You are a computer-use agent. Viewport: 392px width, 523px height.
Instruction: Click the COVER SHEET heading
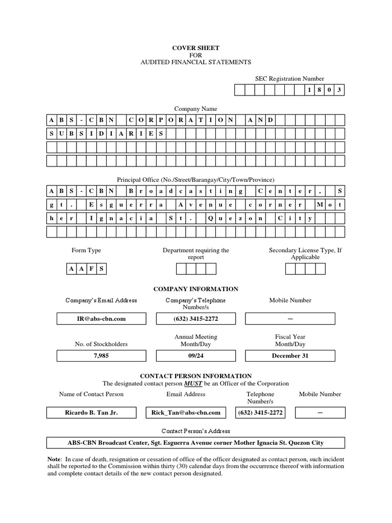pyautogui.click(x=195, y=48)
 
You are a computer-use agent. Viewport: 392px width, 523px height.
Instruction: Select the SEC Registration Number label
pyautogui.click(x=289, y=79)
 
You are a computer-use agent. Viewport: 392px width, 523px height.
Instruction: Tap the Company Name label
pyautogui.click(x=195, y=109)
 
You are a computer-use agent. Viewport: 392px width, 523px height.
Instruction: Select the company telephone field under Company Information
pyautogui.click(x=195, y=319)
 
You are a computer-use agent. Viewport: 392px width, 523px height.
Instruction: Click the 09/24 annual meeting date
pyautogui.click(x=195, y=355)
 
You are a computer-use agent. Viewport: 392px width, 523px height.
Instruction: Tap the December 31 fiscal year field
pyautogui.click(x=290, y=355)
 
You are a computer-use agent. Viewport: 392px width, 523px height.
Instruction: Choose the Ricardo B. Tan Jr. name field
pyautogui.click(x=91, y=413)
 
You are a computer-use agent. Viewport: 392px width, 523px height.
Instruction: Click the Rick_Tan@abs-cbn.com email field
pyautogui.click(x=186, y=413)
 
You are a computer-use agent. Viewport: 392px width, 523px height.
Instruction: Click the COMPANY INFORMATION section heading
pyautogui.click(x=195, y=289)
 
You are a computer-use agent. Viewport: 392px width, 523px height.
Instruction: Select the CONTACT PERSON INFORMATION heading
pyautogui.click(x=195, y=376)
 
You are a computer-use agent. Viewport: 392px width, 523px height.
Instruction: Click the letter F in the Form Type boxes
pyautogui.click(x=92, y=269)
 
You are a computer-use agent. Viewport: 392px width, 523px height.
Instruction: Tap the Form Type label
pyautogui.click(x=86, y=250)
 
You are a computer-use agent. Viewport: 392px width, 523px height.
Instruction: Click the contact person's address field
pyautogui.click(x=195, y=443)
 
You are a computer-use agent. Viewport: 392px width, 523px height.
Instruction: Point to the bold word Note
pyautogui.click(x=54, y=459)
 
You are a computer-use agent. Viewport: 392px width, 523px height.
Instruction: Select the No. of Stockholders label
pyautogui.click(x=101, y=344)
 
